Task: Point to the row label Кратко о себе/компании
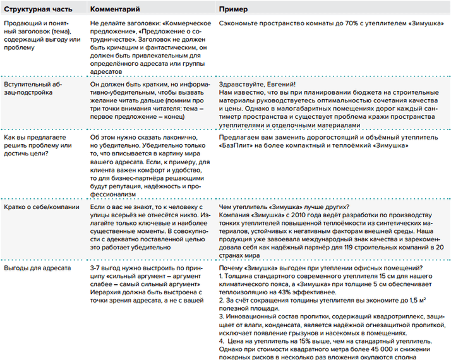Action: pos(41,207)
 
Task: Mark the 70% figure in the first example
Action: pos(337,23)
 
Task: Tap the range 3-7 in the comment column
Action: pos(97,268)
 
